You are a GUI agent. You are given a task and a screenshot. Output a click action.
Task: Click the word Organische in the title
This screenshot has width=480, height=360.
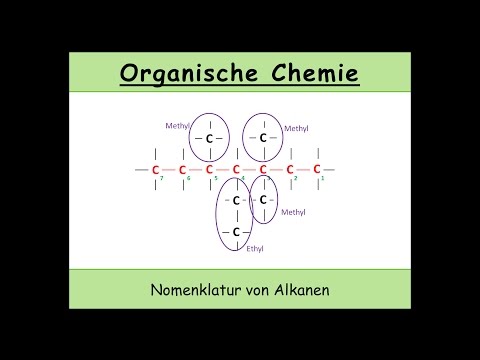click(189, 73)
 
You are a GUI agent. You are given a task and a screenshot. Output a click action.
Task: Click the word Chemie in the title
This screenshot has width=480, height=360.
click(310, 73)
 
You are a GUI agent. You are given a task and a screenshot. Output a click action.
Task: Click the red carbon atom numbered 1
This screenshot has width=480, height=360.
click(317, 169)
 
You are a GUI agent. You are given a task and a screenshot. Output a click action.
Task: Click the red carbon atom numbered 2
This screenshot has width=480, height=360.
click(290, 169)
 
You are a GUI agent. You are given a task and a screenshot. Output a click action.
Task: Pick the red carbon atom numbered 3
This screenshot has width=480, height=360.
click(263, 169)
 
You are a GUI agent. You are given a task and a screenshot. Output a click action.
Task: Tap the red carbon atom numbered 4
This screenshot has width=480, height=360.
click(237, 169)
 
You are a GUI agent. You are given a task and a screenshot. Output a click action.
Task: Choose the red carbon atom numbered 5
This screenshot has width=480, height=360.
click(209, 169)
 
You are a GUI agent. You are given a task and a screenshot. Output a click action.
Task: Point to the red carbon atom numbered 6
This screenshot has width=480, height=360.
click(182, 169)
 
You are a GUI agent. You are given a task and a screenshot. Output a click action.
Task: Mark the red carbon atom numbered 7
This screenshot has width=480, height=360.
click(155, 169)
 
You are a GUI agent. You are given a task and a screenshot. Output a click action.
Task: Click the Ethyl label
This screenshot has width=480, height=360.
click(254, 246)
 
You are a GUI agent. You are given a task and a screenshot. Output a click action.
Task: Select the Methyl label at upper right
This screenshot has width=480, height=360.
click(297, 128)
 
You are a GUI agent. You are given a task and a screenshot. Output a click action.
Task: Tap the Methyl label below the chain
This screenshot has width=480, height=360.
click(293, 212)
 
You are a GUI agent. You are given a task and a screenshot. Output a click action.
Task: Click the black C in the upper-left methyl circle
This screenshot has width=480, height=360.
click(210, 139)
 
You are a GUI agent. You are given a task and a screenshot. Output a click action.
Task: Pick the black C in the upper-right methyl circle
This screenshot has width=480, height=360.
click(263, 137)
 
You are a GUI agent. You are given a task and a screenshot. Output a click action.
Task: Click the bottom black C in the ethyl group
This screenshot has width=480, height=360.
click(237, 232)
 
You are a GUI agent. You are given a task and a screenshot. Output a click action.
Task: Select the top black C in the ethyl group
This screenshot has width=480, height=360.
click(237, 201)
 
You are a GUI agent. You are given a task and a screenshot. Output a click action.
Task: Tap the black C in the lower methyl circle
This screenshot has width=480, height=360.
click(263, 200)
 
